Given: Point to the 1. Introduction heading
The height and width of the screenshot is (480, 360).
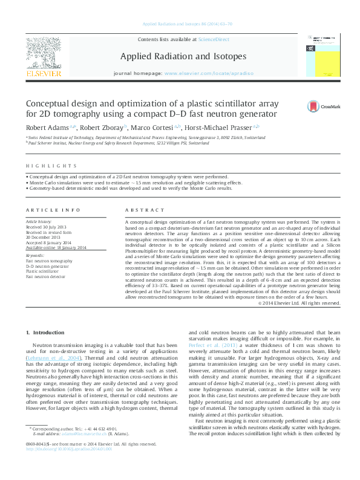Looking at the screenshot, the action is pos(46,333).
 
